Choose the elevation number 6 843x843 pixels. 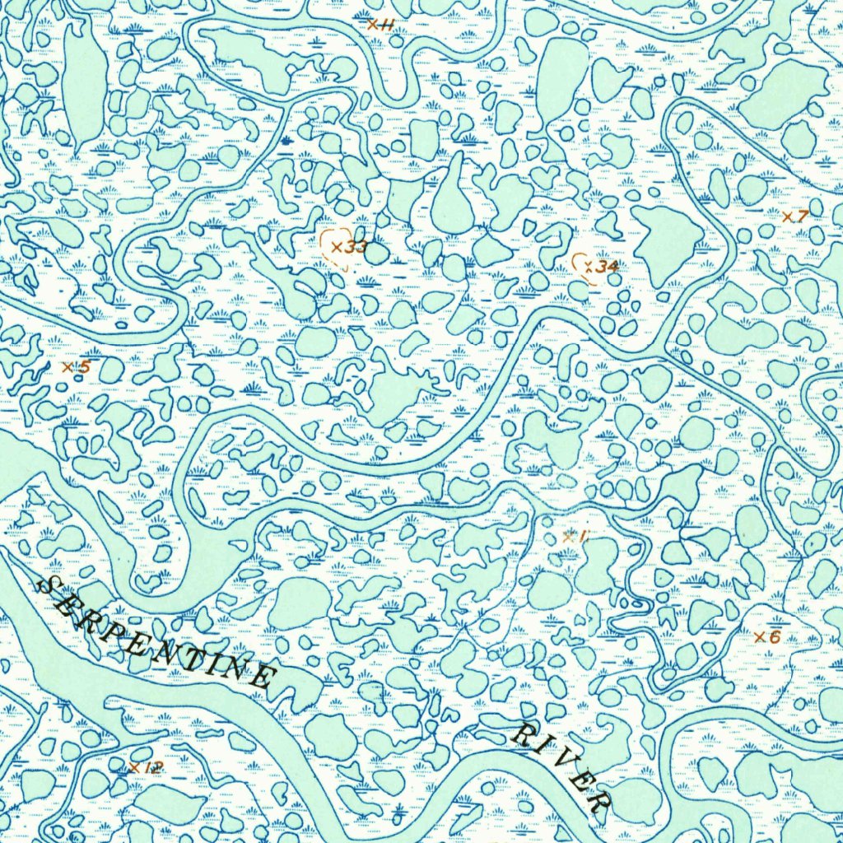(x=774, y=636)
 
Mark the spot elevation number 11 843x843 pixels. (x=386, y=25)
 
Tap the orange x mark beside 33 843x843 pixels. (x=336, y=246)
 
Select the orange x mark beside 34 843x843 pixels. (x=588, y=266)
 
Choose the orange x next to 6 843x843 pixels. (x=759, y=636)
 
